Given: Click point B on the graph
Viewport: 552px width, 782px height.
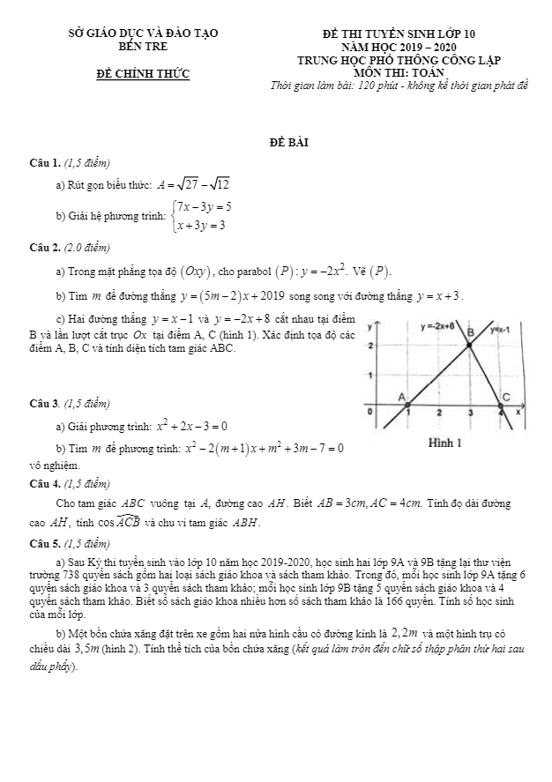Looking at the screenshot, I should click(470, 332).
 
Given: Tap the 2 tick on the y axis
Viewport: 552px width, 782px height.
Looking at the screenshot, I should click(370, 346).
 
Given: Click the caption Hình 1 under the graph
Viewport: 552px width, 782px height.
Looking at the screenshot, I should click(445, 442).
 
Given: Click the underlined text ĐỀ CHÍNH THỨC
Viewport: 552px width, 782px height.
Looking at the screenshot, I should click(143, 73).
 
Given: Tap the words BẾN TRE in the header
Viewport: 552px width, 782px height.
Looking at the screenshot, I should click(142, 46).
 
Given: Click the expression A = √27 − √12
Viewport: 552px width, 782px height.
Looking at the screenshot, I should click(193, 184).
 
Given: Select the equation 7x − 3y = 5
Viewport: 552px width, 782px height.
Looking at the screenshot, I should click(205, 206).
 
